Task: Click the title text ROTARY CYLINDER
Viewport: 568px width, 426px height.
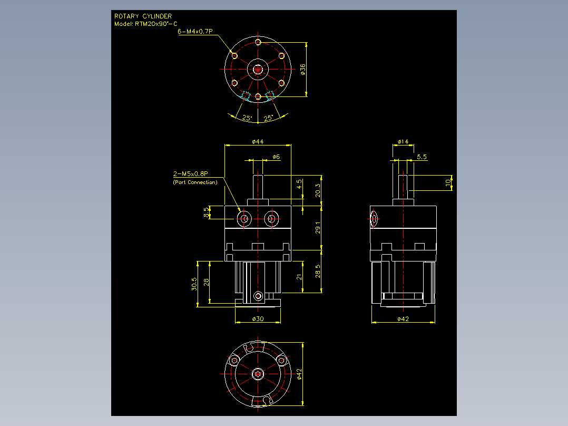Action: point(143,16)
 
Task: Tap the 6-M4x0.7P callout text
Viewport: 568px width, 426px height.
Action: point(195,32)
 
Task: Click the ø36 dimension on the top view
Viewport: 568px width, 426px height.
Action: point(303,69)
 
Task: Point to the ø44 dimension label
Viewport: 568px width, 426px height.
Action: point(258,141)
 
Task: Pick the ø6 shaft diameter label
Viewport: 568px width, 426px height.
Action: point(277,157)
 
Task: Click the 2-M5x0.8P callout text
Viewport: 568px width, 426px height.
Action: point(191,173)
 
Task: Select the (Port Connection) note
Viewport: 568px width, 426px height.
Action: point(195,182)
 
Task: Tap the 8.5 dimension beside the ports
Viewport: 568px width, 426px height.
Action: point(207,212)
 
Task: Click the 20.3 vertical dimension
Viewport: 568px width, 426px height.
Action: point(318,190)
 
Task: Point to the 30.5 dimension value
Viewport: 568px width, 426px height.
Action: point(194,284)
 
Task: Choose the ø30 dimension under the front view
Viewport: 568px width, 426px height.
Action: point(258,318)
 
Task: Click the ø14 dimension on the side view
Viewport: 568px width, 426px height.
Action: point(403,141)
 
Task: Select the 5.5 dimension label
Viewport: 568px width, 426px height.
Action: point(422,157)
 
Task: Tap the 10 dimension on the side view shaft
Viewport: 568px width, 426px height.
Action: point(448,182)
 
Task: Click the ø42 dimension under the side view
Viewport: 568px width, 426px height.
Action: point(403,318)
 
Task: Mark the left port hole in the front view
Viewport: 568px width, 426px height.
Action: point(244,219)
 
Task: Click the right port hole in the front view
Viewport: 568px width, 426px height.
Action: point(271,219)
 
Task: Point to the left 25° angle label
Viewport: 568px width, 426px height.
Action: point(247,118)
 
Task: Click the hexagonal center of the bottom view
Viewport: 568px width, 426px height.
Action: point(258,374)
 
